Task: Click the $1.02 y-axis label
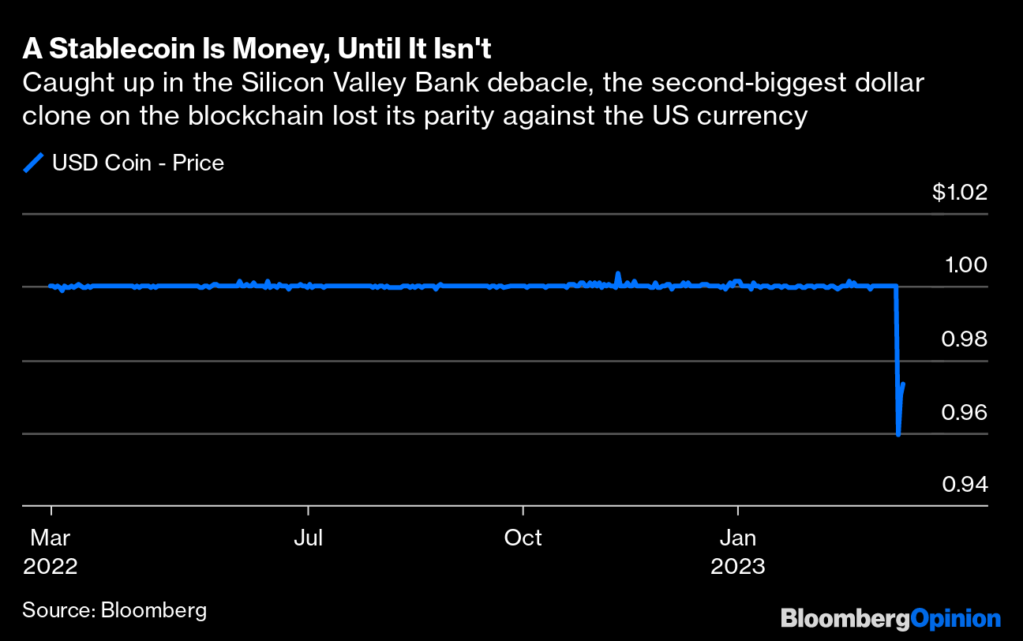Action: [x=960, y=193]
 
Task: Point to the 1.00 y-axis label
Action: [x=965, y=265]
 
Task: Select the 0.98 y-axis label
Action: [x=965, y=339]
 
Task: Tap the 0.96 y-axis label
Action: [x=965, y=412]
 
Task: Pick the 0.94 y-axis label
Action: [x=965, y=485]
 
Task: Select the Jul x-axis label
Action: [x=308, y=538]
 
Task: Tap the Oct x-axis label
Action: [x=523, y=538]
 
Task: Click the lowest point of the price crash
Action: [x=899, y=434]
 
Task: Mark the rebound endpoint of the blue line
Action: [x=903, y=384]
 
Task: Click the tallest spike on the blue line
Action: [x=618, y=273]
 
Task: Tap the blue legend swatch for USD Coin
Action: [x=34, y=163]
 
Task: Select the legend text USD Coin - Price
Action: [x=138, y=163]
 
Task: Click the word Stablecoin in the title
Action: [x=111, y=49]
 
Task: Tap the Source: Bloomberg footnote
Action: [x=114, y=609]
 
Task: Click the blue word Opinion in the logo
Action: [x=954, y=618]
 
